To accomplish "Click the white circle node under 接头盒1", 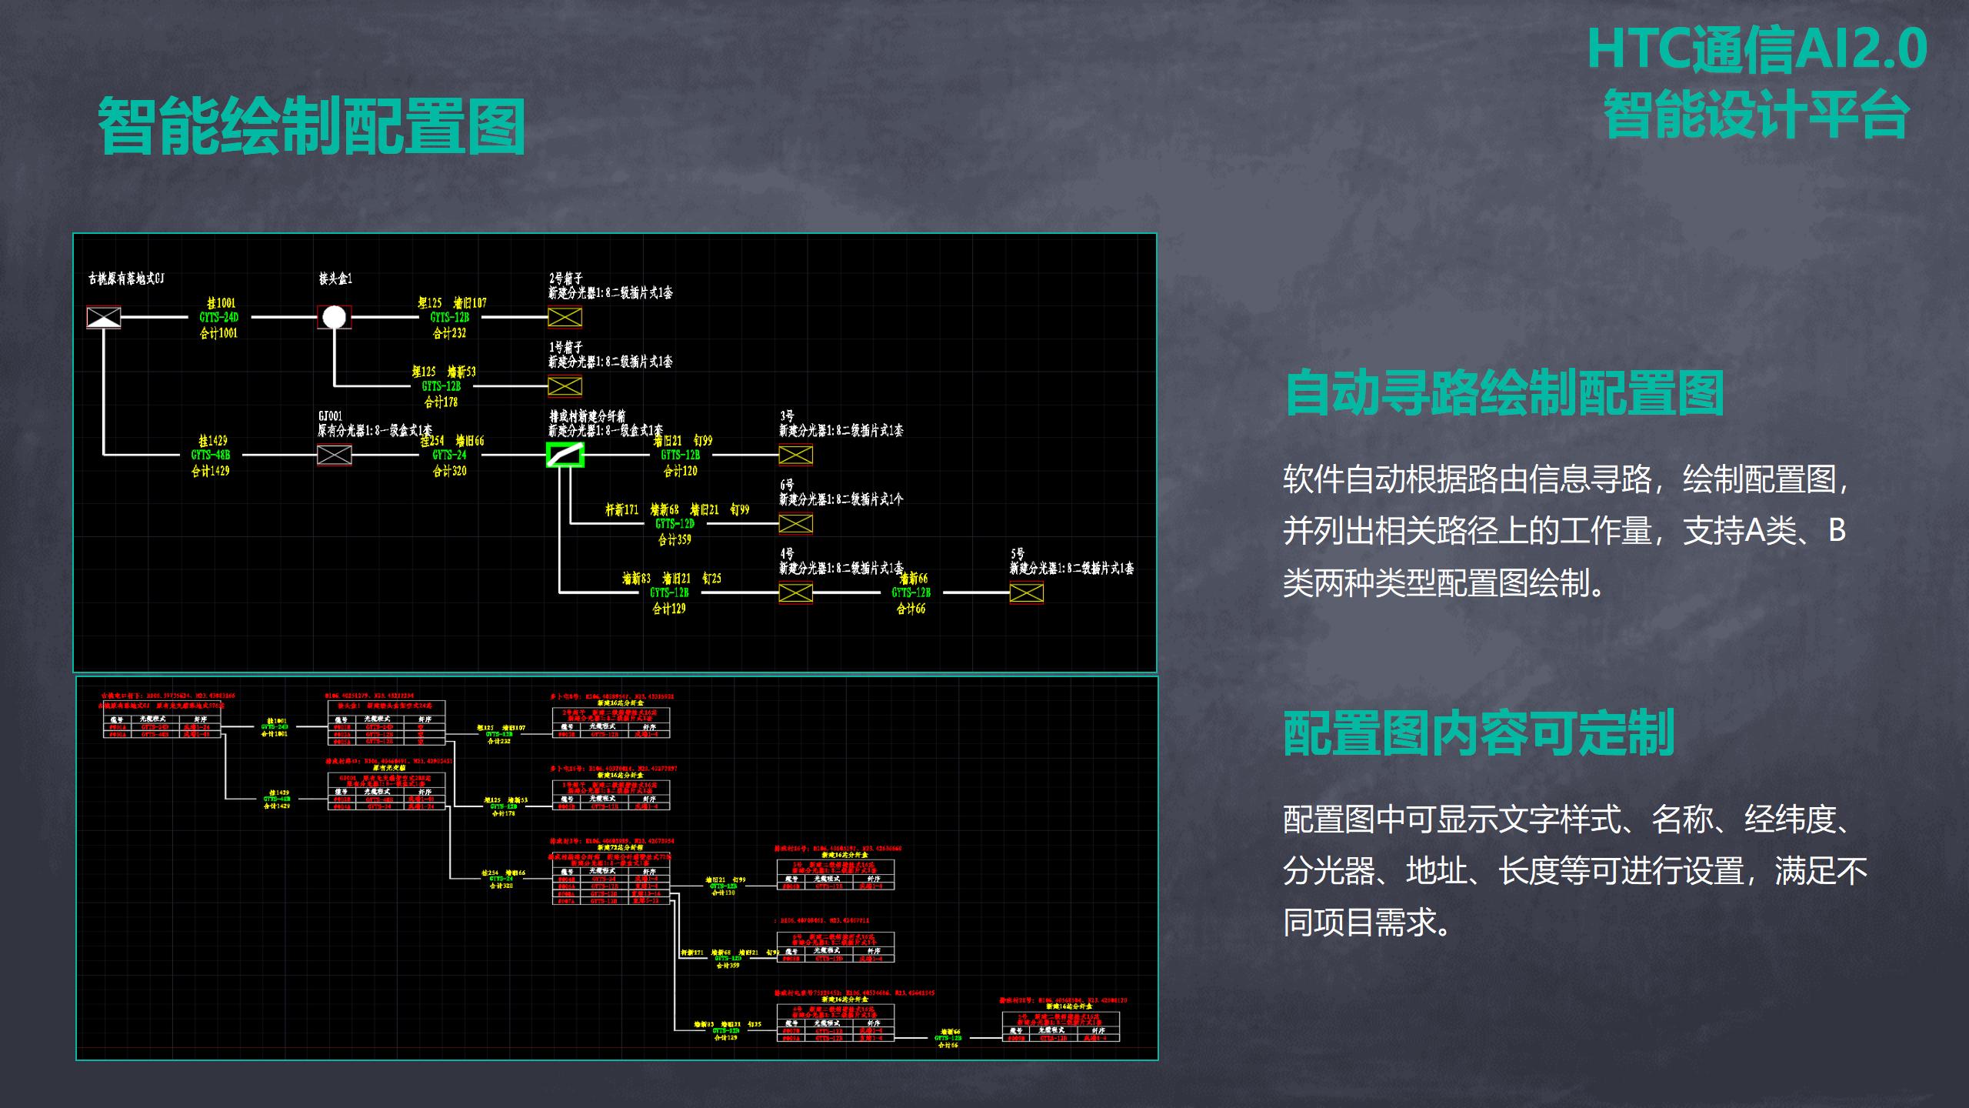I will (x=334, y=317).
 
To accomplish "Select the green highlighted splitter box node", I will (x=565, y=455).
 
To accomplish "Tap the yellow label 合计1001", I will (x=218, y=333).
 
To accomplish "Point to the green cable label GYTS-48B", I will (x=211, y=455).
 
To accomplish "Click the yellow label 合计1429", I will (x=211, y=471).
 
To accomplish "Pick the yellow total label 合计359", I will (x=675, y=540).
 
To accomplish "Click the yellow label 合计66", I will (x=911, y=609).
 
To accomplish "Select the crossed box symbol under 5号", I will (x=1026, y=592).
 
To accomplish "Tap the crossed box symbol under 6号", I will (x=795, y=524).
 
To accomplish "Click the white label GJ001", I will (x=331, y=416).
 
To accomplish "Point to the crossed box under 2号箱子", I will (x=565, y=317).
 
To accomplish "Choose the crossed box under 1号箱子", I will (x=565, y=386).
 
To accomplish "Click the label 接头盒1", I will (x=335, y=279).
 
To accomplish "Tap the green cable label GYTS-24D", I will (x=219, y=317).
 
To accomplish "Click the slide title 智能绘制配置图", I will (x=312, y=125).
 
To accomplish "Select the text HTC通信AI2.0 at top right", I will (x=1757, y=49).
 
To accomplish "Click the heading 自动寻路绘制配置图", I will (x=1504, y=392).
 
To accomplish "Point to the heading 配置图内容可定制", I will (x=1479, y=733).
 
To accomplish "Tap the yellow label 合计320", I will (x=450, y=471).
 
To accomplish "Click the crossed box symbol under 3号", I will (x=795, y=456).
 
